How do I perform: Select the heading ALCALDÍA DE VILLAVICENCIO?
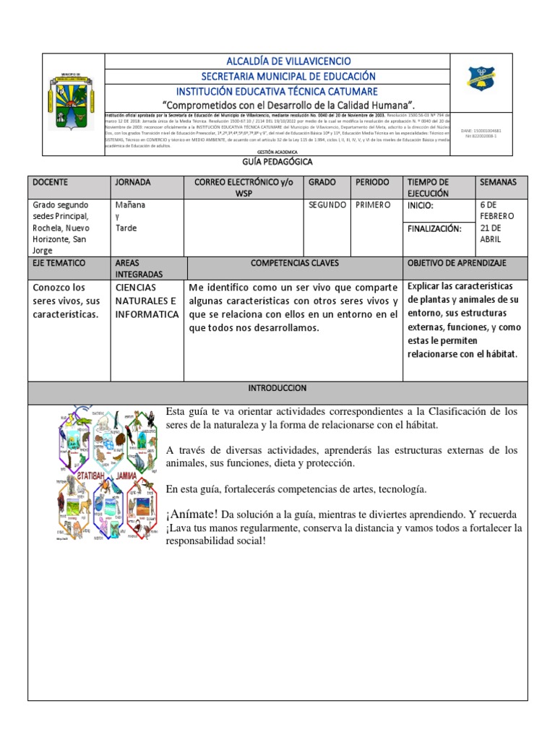277,61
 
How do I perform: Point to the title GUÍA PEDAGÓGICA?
277,163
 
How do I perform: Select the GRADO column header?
322,182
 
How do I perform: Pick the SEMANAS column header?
499,182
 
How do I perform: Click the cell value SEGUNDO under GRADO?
327,205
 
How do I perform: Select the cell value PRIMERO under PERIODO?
373,205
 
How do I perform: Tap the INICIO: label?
421,205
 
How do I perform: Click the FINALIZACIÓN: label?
434,228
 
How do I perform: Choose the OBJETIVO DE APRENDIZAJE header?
457,263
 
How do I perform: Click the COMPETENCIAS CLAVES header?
294,263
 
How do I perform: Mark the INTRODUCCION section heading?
277,388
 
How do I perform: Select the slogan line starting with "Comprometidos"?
277,105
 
